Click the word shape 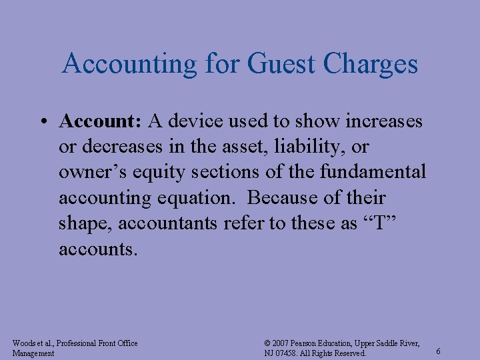click(x=85, y=223)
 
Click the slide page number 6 click(x=437, y=351)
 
